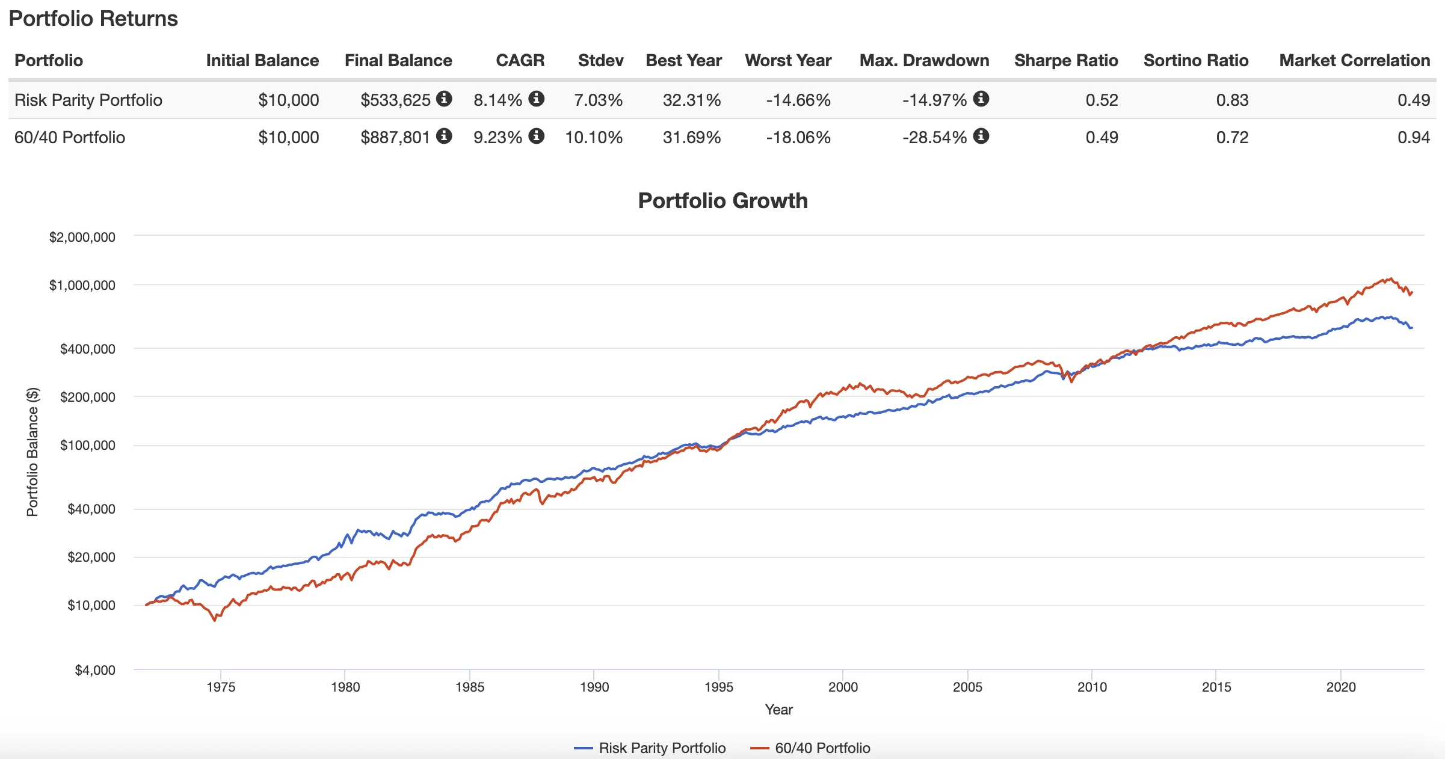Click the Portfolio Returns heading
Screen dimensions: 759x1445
(x=93, y=19)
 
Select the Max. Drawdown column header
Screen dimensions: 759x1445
(x=924, y=60)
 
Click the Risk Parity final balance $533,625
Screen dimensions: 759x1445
(x=395, y=100)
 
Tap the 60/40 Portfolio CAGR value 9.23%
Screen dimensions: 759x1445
(x=498, y=137)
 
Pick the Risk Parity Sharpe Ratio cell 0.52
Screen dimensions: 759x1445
(x=1101, y=100)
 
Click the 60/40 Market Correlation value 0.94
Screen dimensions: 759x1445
(x=1413, y=137)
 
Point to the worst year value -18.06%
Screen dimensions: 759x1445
(x=798, y=137)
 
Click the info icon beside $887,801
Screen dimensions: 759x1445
(x=444, y=136)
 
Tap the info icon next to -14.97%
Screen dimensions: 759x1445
(x=981, y=99)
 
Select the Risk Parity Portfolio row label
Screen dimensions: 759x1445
(x=88, y=100)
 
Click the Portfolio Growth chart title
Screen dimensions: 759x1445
(x=722, y=200)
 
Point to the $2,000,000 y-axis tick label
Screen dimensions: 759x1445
(x=82, y=237)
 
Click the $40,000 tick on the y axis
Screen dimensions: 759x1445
(x=91, y=509)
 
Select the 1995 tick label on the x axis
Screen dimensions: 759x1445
(x=718, y=687)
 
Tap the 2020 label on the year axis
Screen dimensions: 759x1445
(x=1341, y=687)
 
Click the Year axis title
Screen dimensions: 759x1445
(x=778, y=710)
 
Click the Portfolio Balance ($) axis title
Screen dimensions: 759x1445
(x=32, y=452)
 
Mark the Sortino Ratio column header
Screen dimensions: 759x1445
(x=1195, y=60)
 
